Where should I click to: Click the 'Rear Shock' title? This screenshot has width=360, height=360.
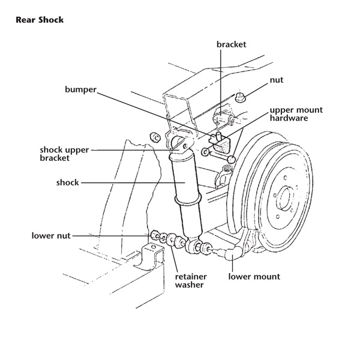pyautogui.click(x=40, y=20)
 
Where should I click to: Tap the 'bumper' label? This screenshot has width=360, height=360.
pyautogui.click(x=80, y=89)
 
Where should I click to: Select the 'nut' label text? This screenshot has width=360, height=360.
pyautogui.click(x=277, y=80)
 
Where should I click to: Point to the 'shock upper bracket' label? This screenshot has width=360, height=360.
pyautogui.click(x=64, y=154)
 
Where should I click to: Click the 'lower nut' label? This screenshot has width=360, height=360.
pyautogui.click(x=51, y=236)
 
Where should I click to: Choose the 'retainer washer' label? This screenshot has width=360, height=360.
pyautogui.click(x=191, y=281)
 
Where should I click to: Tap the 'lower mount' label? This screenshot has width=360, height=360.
pyautogui.click(x=254, y=277)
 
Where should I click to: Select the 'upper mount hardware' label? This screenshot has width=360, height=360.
pyautogui.click(x=296, y=114)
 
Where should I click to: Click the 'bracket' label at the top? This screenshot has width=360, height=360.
pyautogui.click(x=231, y=44)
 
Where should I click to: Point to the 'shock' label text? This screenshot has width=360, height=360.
pyautogui.click(x=67, y=182)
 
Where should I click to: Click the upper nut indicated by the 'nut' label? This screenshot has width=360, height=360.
pyautogui.click(x=240, y=97)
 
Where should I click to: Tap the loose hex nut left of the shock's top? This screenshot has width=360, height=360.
pyautogui.click(x=155, y=138)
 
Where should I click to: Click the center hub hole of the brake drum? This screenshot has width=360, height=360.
pyautogui.click(x=285, y=199)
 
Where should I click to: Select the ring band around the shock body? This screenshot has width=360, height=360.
pyautogui.click(x=188, y=200)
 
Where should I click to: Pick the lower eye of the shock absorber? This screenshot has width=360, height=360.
pyautogui.click(x=194, y=247)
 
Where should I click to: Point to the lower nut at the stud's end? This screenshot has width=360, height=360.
pyautogui.click(x=155, y=235)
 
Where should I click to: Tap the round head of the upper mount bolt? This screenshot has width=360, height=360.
pyautogui.click(x=232, y=159)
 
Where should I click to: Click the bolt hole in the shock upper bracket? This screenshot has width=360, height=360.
pyautogui.click(x=185, y=146)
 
